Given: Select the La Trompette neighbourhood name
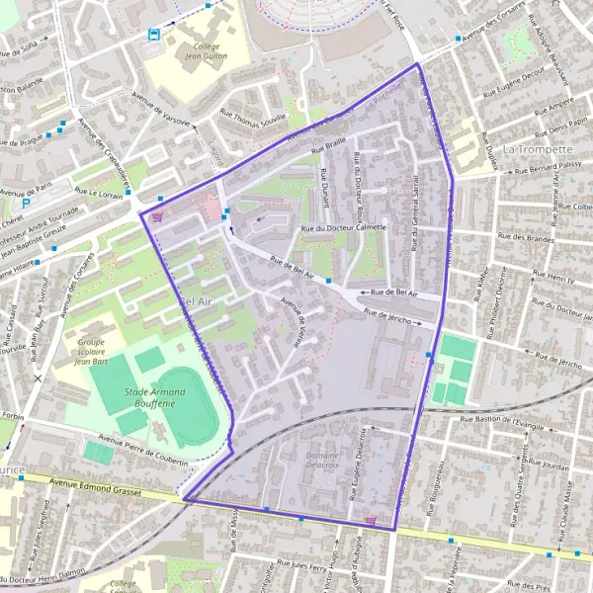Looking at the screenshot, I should (538, 148).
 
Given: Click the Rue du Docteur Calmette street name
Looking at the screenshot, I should (343, 228).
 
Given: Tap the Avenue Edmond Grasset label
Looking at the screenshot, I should (94, 484).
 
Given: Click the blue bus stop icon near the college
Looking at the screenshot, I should (154, 33).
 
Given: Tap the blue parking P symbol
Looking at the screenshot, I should (26, 203).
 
